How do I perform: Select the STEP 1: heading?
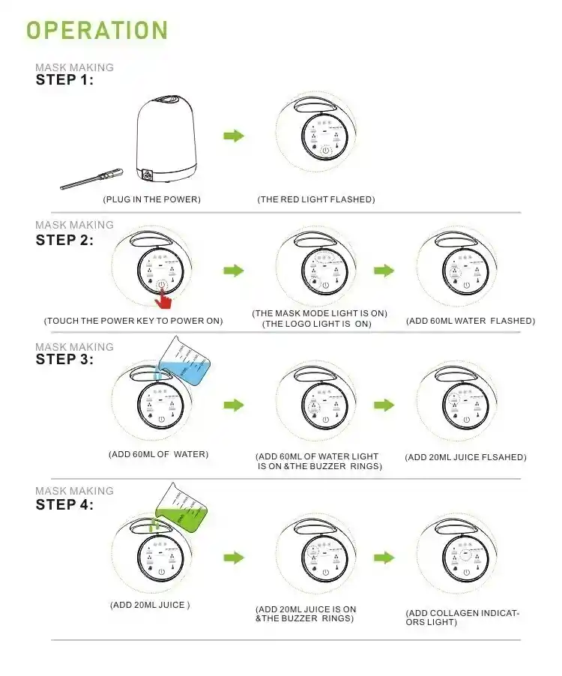coord(64,80)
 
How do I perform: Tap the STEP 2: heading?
coord(64,241)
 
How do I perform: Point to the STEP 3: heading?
coord(64,359)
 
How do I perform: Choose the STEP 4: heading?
coord(64,504)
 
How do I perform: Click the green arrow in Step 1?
coord(235,136)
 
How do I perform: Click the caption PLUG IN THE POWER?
coord(152,199)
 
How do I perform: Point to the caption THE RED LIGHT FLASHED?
coord(315,199)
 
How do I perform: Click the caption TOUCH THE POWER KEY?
coord(133,321)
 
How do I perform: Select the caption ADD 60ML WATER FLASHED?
coord(470,321)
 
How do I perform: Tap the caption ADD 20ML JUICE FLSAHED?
coord(465,457)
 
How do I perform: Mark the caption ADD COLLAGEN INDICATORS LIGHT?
coord(462,618)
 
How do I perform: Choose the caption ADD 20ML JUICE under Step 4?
coord(150,605)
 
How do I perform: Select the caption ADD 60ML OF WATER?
coord(158,454)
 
